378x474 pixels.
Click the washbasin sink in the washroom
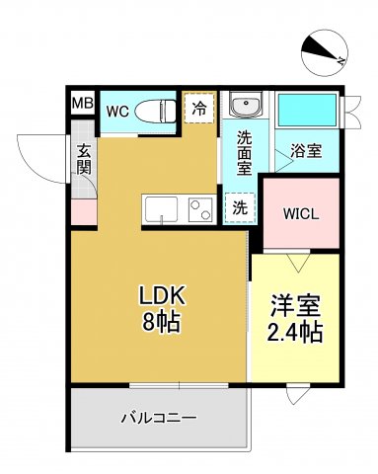(x=243, y=106)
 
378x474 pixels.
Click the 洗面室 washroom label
(x=243, y=154)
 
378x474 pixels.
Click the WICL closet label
(x=300, y=213)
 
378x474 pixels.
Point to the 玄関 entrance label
(x=85, y=161)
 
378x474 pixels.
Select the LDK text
(x=160, y=297)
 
